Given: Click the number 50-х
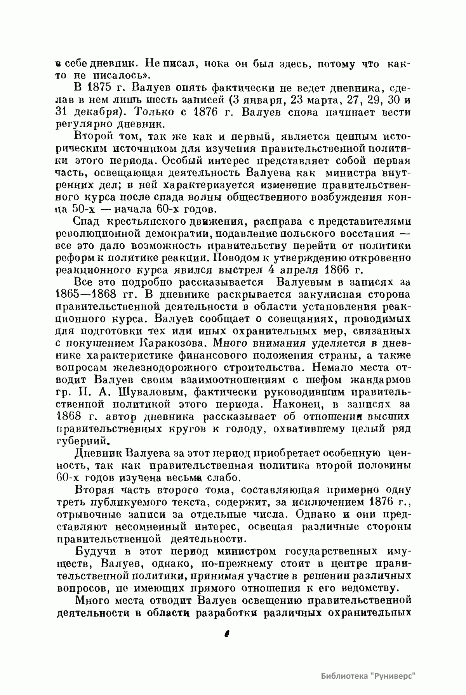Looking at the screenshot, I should pos(82,210).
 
